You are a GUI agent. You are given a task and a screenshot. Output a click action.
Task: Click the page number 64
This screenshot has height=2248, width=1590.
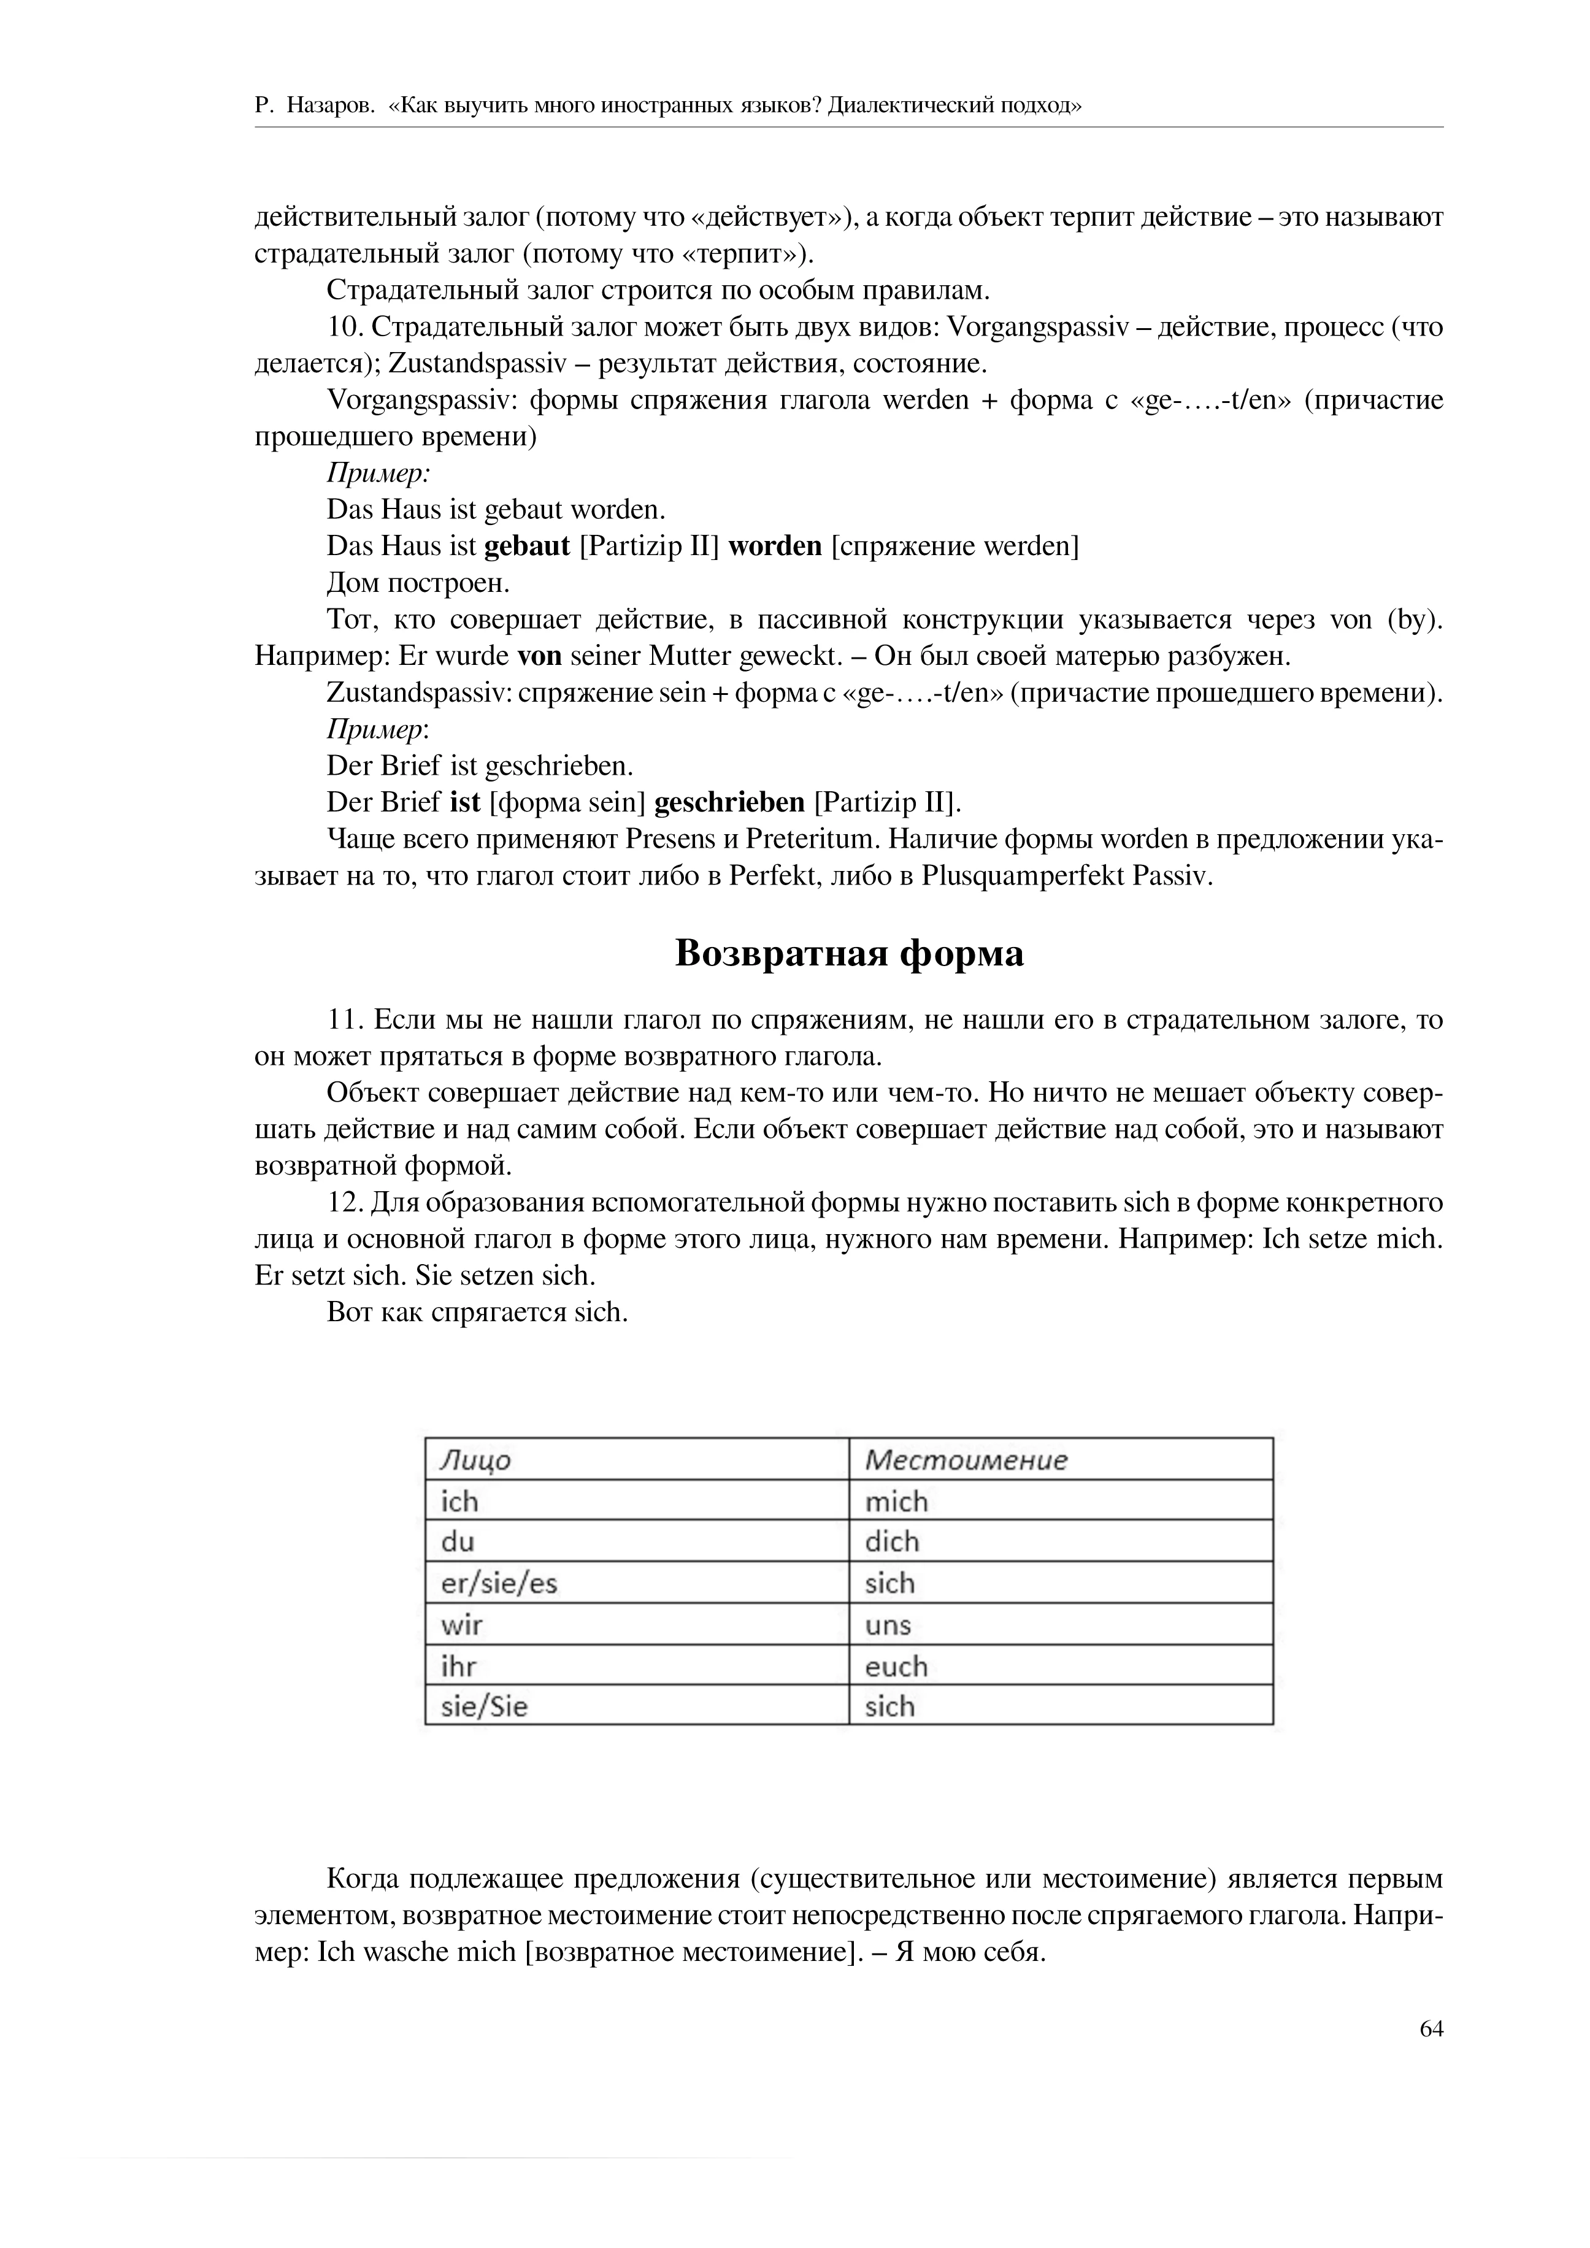(1431, 2028)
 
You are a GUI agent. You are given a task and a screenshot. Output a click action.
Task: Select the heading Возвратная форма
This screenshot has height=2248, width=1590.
(849, 953)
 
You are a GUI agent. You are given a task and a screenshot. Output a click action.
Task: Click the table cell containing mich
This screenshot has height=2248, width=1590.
(896, 1501)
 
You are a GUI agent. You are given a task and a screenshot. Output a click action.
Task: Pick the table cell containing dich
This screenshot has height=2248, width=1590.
(892, 1542)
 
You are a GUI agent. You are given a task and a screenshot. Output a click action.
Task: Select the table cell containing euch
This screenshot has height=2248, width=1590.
(896, 1667)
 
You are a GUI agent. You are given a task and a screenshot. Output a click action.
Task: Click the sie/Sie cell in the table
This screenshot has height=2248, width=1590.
(485, 1706)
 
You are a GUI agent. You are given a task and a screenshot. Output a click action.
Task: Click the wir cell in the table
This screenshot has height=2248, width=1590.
(462, 1625)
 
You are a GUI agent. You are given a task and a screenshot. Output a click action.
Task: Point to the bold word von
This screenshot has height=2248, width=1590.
(539, 655)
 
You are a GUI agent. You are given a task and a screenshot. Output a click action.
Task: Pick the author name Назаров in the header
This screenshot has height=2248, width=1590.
(330, 105)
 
